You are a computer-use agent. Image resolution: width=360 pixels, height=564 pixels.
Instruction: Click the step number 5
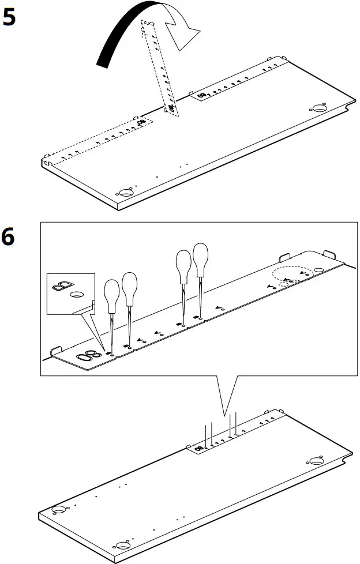9,18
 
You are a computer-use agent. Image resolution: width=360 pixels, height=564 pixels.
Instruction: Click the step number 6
9,237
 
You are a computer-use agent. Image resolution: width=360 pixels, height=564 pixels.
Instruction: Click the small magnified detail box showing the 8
70,294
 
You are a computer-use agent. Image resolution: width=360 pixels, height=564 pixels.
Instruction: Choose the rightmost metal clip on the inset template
329,255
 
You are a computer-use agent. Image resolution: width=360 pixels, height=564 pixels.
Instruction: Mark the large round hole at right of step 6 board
316,460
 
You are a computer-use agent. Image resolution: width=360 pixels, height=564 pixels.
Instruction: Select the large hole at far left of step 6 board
58,510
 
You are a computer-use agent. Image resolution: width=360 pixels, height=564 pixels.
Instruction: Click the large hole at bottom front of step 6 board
122,545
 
